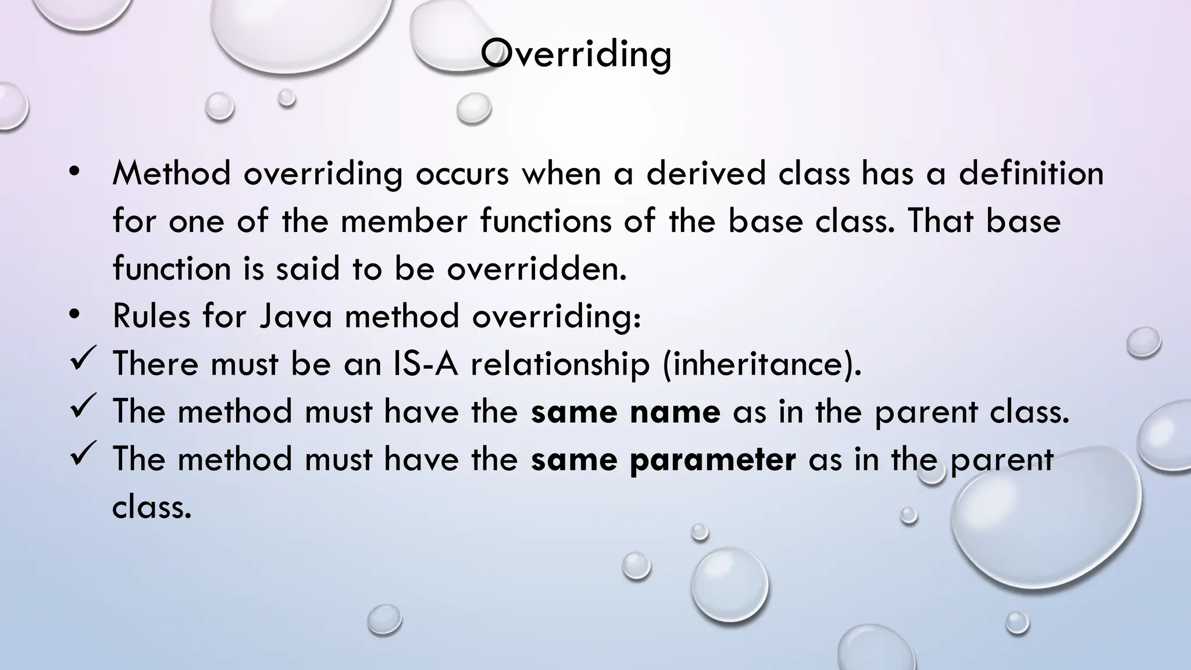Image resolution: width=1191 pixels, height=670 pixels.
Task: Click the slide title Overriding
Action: point(576,54)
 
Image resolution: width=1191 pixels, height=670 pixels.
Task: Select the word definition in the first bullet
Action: point(1030,173)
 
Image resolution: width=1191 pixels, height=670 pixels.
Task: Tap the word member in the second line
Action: point(404,221)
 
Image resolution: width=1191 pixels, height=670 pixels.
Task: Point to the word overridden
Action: point(537,269)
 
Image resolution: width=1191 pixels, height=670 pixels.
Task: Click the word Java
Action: point(295,316)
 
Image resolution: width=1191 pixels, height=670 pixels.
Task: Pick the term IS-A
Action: point(426,364)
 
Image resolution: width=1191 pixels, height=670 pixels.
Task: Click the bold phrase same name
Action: point(626,412)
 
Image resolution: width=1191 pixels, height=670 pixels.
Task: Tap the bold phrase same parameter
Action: point(663,459)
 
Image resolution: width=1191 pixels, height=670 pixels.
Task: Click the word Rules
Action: point(151,316)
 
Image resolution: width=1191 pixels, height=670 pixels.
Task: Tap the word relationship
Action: point(559,365)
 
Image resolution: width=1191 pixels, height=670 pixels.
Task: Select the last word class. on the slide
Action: point(151,507)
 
